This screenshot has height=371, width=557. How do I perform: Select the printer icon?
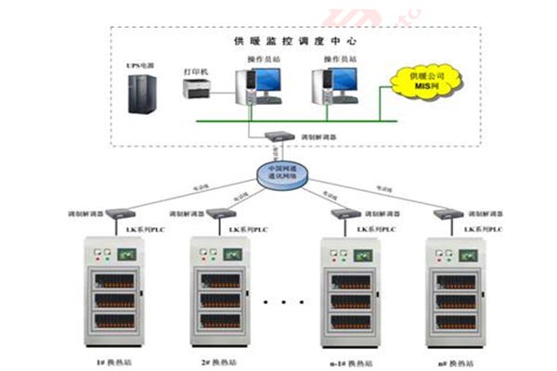(195, 89)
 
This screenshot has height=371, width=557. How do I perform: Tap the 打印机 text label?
(195, 70)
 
